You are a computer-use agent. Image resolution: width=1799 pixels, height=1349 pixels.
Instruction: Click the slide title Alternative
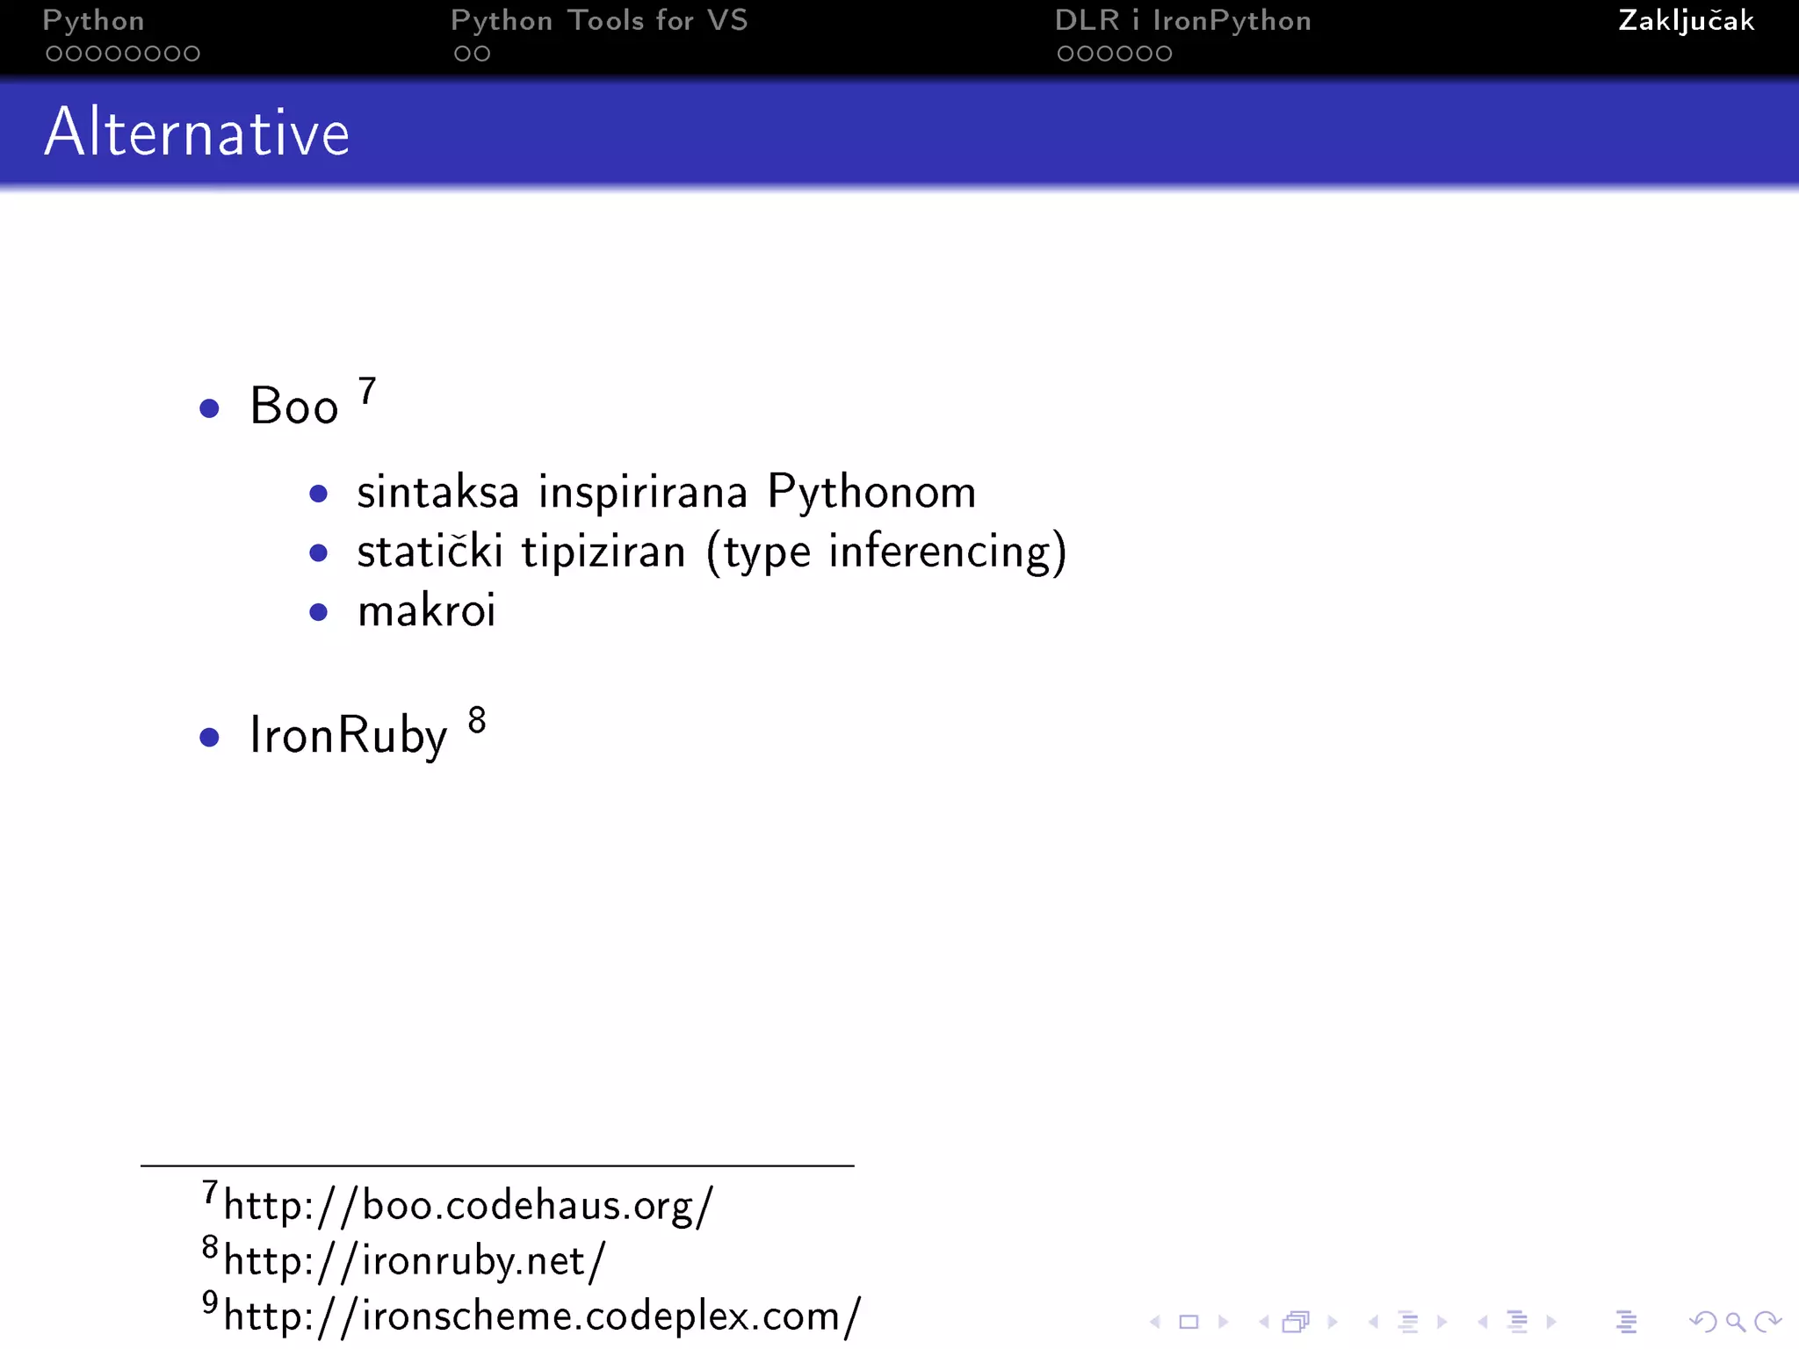click(x=197, y=133)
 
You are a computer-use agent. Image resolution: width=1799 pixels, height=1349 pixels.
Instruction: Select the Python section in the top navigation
click(x=93, y=20)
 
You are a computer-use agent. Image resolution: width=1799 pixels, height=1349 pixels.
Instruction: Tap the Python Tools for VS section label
click(x=599, y=20)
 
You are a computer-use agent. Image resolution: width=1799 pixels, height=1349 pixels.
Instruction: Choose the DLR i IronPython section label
click(x=1182, y=20)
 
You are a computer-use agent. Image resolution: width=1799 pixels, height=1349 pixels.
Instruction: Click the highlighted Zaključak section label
click(x=1686, y=20)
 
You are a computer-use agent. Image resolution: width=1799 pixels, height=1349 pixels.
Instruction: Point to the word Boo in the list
click(x=293, y=407)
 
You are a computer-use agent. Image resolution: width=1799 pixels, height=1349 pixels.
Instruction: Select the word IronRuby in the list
click(x=348, y=736)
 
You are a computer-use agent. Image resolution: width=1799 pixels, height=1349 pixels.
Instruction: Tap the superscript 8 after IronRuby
click(x=477, y=720)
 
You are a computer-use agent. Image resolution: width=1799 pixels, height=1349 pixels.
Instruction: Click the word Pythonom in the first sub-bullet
click(x=871, y=492)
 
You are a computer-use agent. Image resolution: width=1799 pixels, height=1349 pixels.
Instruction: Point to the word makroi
click(x=427, y=610)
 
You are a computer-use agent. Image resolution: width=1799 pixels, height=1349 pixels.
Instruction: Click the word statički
click(x=430, y=552)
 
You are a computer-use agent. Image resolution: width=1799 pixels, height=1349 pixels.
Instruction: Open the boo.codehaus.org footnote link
click(x=468, y=1205)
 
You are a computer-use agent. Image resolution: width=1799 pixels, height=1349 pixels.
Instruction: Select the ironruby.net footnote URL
click(x=415, y=1261)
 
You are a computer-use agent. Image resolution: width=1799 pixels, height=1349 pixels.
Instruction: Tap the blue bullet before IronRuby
click(x=209, y=737)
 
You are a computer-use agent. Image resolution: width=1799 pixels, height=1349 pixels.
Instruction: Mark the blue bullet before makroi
click(x=319, y=612)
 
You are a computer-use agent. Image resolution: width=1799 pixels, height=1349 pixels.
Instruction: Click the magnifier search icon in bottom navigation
click(x=1735, y=1322)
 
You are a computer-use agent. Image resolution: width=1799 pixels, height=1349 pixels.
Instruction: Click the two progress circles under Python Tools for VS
click(x=472, y=54)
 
